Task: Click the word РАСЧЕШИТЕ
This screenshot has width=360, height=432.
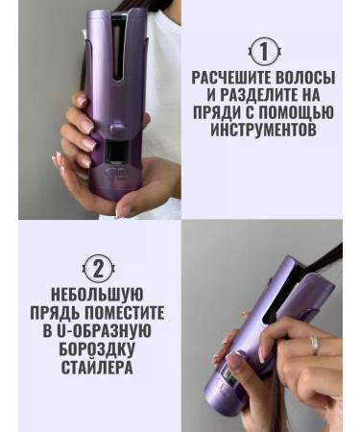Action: click(233, 76)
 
